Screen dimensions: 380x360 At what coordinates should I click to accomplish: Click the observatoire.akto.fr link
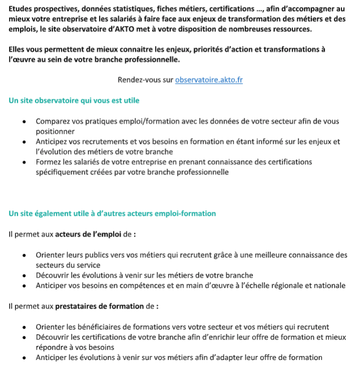tap(209, 80)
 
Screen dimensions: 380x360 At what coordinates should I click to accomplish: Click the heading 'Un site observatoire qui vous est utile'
tap(74, 100)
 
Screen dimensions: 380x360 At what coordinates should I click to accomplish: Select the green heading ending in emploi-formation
tap(112, 213)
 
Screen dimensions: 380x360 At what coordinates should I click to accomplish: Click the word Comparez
tap(54, 121)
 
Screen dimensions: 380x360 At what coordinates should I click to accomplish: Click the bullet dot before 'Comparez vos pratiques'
tap(24, 122)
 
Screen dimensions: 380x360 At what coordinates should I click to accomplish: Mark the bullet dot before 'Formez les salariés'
tap(24, 162)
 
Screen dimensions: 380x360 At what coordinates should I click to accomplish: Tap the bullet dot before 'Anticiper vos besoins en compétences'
tap(24, 286)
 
